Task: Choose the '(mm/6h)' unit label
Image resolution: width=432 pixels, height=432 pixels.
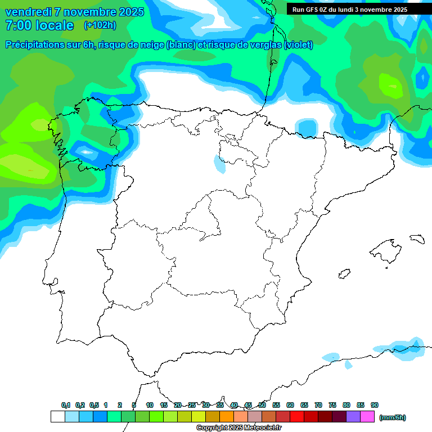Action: click(x=392, y=417)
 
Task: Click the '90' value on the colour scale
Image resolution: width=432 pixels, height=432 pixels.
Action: click(x=375, y=405)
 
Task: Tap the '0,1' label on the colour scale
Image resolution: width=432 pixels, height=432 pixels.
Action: click(x=66, y=405)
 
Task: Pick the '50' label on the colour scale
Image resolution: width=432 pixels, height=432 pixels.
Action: click(x=262, y=405)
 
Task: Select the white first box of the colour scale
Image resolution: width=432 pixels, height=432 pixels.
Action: click(x=57, y=417)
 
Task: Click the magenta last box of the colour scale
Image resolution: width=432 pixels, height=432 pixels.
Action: click(x=367, y=417)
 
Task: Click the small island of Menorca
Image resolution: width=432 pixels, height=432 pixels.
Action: click(x=417, y=238)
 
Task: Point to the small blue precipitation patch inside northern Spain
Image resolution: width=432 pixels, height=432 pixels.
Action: click(x=219, y=164)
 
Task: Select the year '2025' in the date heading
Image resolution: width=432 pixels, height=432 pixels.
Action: click(x=128, y=12)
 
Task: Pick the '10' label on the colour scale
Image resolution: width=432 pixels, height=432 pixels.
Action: click(x=150, y=405)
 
